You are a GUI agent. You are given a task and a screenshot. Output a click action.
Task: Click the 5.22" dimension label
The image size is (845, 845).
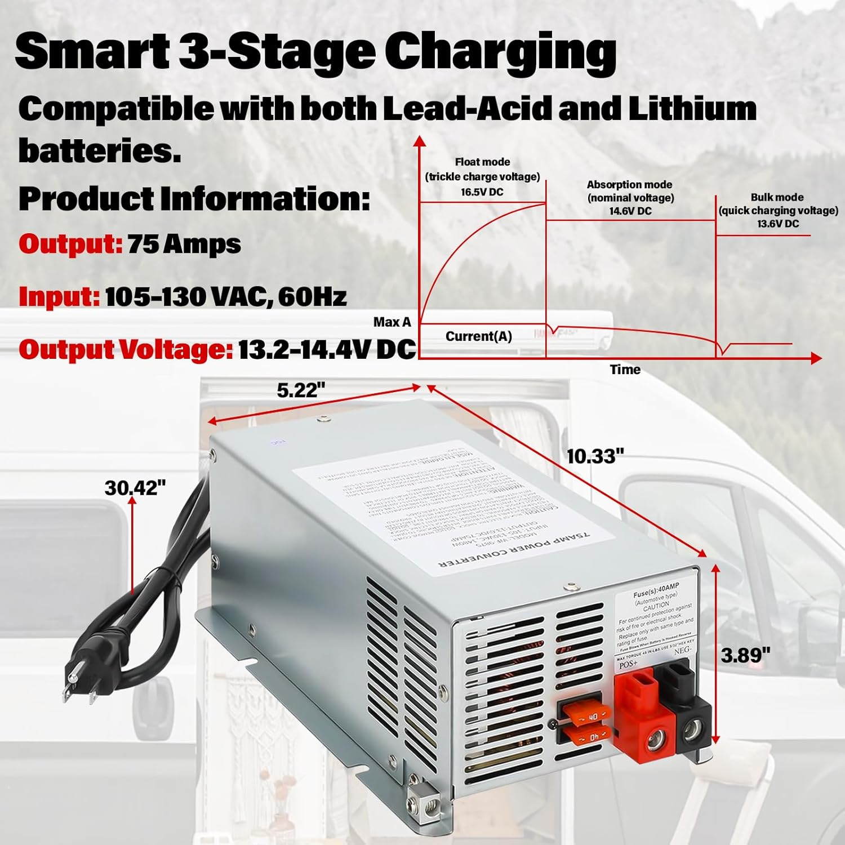301,390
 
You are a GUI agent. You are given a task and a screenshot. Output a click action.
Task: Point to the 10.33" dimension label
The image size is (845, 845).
595,456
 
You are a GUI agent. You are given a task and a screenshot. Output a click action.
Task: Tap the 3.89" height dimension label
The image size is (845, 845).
745,655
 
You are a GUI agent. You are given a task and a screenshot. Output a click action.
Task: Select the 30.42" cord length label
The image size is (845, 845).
135,487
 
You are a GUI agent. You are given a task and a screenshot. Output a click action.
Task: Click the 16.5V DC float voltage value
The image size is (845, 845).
482,192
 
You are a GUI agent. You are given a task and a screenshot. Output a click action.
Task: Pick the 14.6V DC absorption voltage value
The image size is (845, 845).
630,211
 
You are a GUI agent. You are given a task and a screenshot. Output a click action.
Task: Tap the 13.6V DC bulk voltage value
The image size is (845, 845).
777,224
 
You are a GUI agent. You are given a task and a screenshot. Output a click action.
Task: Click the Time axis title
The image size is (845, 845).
625,370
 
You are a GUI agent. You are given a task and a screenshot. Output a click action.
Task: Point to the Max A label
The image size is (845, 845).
392,322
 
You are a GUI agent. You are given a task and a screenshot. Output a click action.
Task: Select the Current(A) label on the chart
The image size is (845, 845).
478,336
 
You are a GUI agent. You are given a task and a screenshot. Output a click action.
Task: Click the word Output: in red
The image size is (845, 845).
70,244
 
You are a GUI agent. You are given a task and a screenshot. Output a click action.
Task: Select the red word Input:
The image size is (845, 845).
59,297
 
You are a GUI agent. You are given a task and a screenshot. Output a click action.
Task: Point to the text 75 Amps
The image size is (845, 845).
184,244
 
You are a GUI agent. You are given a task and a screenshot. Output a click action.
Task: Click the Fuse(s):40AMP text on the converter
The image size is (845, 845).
656,590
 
